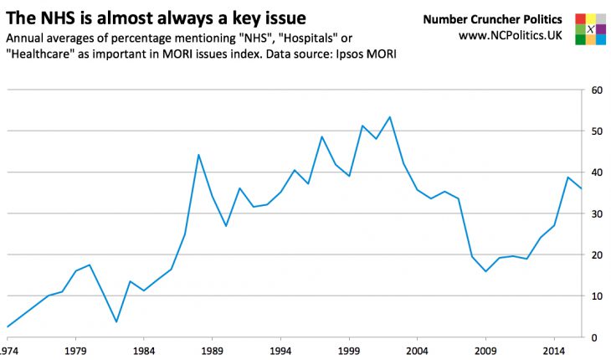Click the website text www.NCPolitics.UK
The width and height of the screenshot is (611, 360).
[510, 37]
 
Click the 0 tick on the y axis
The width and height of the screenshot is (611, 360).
[595, 337]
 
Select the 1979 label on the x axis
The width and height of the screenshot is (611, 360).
[76, 350]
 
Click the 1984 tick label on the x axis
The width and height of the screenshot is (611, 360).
[144, 350]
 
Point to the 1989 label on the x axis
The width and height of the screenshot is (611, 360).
[213, 350]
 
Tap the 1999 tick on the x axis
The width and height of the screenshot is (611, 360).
[349, 350]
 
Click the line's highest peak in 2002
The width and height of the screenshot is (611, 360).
[390, 117]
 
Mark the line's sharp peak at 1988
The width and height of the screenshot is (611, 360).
[198, 155]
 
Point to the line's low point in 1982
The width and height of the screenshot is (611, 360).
[116, 321]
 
